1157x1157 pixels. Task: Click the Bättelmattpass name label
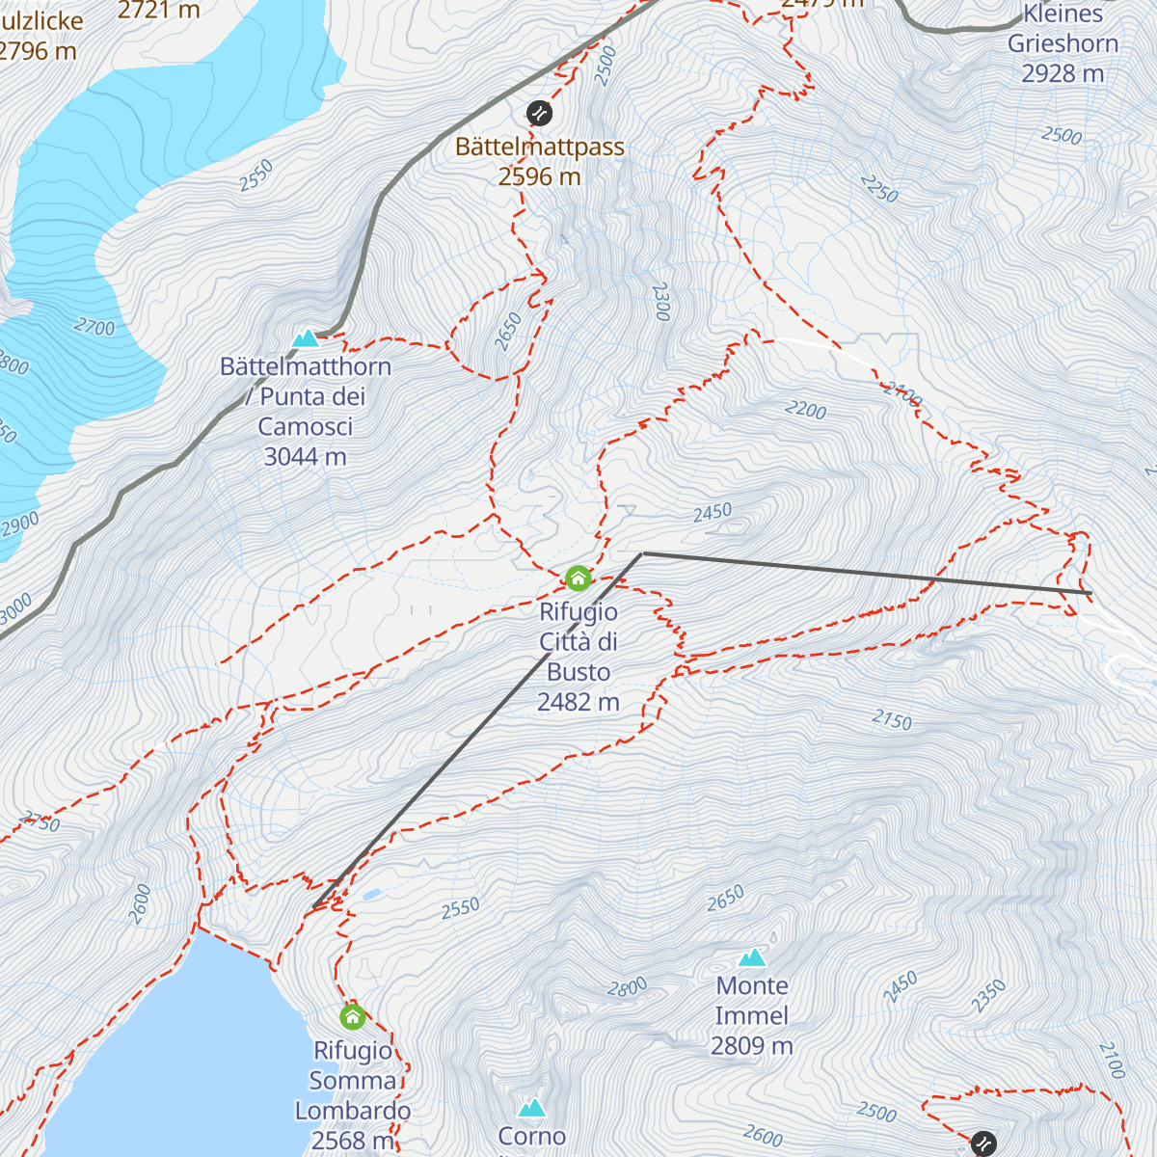coord(539,147)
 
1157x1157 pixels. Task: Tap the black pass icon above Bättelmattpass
coord(540,113)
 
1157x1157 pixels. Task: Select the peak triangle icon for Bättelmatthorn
coord(306,338)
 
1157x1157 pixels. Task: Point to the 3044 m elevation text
coord(305,457)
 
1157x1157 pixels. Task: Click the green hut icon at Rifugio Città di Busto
coord(578,578)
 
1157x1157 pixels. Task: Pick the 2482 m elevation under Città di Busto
coord(578,702)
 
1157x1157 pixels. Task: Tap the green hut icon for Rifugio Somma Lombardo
coord(352,1016)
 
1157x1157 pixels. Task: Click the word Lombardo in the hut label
coord(352,1111)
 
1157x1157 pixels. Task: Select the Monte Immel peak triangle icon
coord(752,957)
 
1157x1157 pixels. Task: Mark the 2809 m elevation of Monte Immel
coord(751,1046)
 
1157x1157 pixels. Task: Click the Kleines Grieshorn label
coord(1063,29)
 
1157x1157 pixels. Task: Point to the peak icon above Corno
coord(531,1108)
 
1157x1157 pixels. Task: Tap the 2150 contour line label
coord(891,720)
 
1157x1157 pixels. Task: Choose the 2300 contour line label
coord(660,301)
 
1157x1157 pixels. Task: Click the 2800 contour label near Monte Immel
coord(627,988)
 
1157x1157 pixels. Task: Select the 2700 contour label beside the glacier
coord(94,328)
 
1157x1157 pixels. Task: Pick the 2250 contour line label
coord(878,189)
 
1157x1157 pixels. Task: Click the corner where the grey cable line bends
coord(643,553)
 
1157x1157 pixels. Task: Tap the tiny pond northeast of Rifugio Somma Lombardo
coord(371,895)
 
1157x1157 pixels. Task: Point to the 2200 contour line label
coord(805,411)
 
